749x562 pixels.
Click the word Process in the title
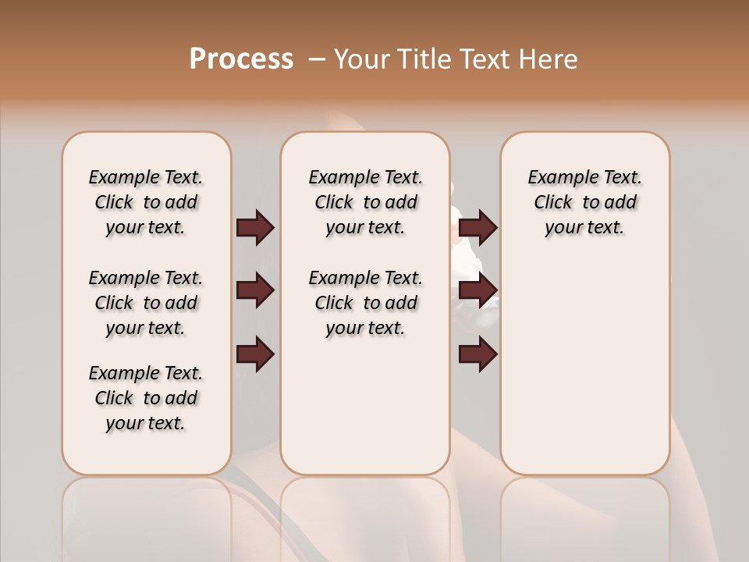(x=241, y=59)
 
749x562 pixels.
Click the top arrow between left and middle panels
(x=255, y=228)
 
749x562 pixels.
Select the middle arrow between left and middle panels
(x=255, y=291)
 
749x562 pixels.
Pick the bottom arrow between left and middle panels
(x=255, y=354)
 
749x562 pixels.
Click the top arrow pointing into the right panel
(x=477, y=228)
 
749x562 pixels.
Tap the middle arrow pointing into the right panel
(x=477, y=291)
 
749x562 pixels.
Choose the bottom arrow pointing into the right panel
(x=477, y=354)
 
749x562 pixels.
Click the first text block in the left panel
(x=146, y=202)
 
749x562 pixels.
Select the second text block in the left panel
(x=146, y=303)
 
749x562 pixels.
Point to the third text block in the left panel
(x=146, y=398)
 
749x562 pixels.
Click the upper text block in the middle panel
(x=365, y=202)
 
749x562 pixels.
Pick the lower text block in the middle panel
(x=365, y=303)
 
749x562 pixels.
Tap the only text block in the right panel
(x=584, y=202)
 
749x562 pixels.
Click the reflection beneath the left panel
(x=146, y=515)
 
